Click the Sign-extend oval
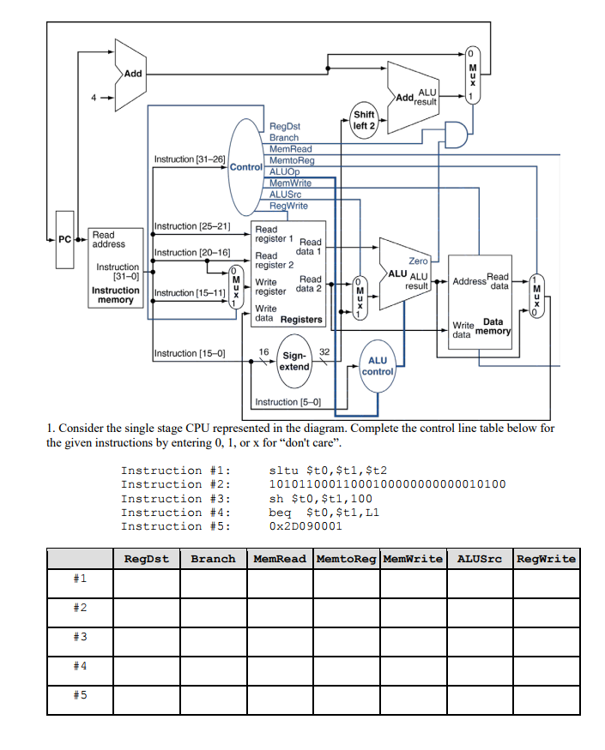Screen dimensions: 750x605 [294, 361]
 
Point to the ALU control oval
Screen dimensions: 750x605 [378, 366]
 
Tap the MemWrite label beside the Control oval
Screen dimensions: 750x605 [290, 183]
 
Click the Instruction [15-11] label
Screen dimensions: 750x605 [189, 293]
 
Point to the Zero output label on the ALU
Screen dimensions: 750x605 [418, 261]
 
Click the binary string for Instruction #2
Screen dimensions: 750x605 [387, 484]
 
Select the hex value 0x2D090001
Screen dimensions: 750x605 [305, 526]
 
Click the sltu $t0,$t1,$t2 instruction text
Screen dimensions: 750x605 [329, 470]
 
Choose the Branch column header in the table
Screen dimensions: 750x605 [213, 559]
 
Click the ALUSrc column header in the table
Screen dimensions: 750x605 [479, 559]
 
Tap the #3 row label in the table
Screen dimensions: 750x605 [80, 638]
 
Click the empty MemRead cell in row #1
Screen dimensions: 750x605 [279, 583]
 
